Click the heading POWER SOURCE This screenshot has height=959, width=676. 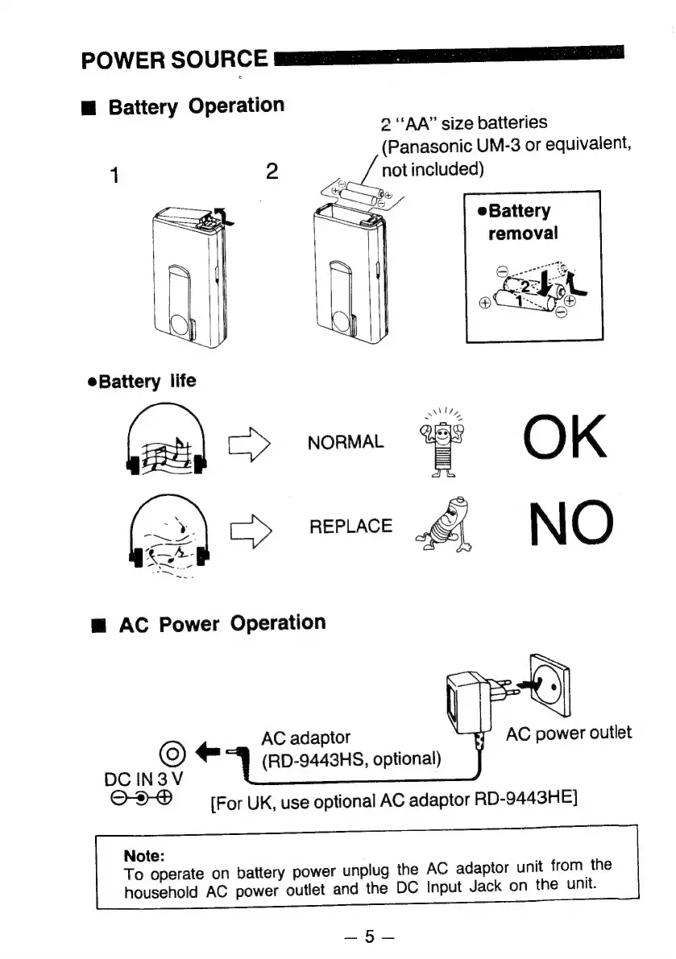pos(175,59)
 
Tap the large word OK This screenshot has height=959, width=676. pos(565,440)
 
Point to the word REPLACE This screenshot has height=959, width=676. pos(350,527)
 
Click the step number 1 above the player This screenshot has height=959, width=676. pos(116,175)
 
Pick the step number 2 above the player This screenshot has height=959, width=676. pos(272,172)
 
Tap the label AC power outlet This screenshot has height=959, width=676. pos(569,733)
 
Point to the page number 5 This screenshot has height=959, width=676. pos(369,936)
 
